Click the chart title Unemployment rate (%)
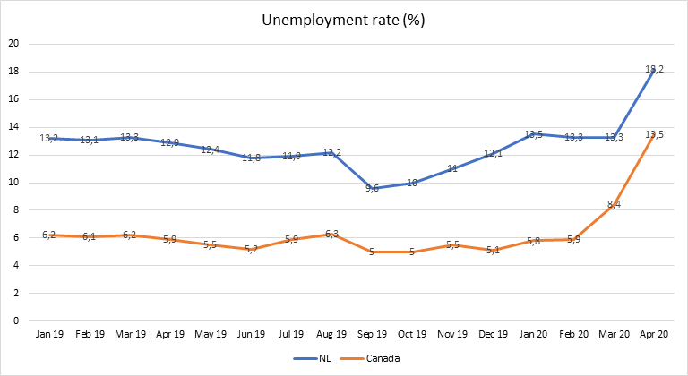coord(343,20)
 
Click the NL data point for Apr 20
coord(656,69)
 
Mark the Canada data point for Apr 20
coord(656,134)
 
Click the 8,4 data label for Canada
coord(615,205)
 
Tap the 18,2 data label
coord(656,69)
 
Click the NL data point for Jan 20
coord(534,134)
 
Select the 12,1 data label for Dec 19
coord(494,154)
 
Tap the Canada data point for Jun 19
coord(251,249)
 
